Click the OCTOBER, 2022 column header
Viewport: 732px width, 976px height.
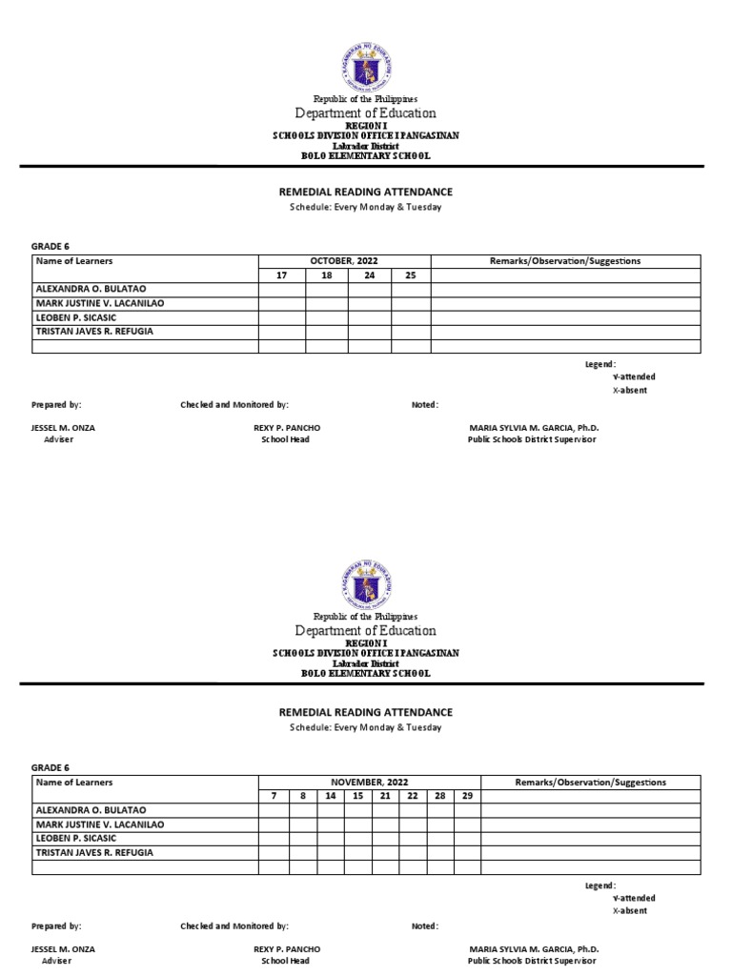(344, 261)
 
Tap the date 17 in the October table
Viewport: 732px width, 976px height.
(282, 275)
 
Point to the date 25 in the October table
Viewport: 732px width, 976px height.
(411, 275)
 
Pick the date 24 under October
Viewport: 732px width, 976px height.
(369, 275)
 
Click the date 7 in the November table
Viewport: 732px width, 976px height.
(274, 796)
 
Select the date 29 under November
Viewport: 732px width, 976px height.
(466, 796)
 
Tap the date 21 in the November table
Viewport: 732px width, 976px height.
(385, 796)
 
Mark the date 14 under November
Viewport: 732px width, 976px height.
(330, 796)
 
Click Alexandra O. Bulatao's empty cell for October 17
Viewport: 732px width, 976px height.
(282, 289)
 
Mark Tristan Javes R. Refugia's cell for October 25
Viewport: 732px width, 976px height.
(411, 332)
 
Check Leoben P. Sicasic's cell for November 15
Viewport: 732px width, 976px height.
(357, 839)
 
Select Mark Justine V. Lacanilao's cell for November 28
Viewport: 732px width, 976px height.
(439, 824)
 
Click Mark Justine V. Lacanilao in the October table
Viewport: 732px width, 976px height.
(100, 303)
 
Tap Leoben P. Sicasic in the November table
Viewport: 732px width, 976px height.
(75, 839)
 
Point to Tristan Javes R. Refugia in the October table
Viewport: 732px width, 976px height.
(93, 332)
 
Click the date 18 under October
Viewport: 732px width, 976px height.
(326, 275)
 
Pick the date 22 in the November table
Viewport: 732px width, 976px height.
(412, 796)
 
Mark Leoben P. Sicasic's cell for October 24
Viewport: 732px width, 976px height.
(369, 317)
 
